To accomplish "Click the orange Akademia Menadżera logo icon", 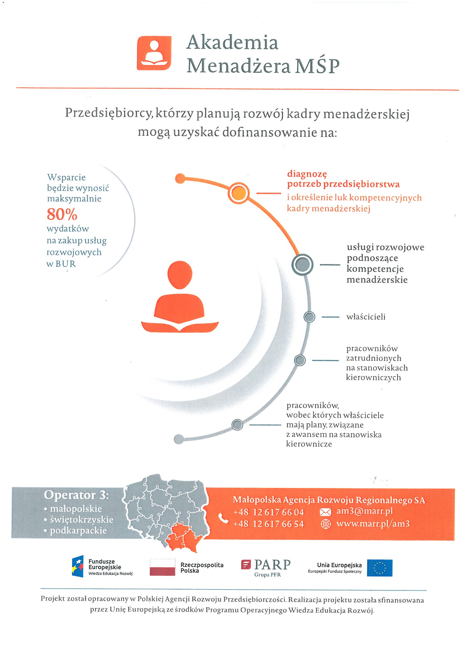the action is coord(154,53).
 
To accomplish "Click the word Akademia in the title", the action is coord(232,43).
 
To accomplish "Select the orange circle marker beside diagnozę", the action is coord(239,193).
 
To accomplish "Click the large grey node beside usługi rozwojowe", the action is coord(303,265).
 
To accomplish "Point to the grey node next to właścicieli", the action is coord(309,317).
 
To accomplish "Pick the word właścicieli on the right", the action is coord(366,317).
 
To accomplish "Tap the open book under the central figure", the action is coord(180,327).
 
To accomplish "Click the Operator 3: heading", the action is coord(76,495).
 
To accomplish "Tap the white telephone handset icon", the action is coord(224,518).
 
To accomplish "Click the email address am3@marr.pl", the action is coord(365,511).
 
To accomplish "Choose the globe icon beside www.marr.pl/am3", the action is coord(325,524).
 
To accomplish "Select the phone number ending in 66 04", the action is coord(268,512).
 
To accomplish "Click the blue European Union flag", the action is coord(380,568).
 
